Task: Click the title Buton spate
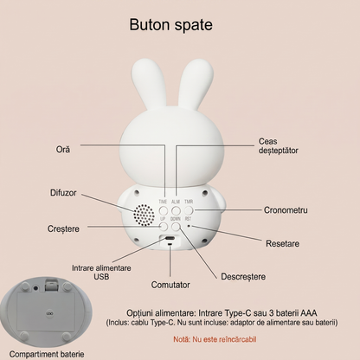[x=170, y=25]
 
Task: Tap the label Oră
[x=63, y=150]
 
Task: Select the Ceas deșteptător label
[x=278, y=146]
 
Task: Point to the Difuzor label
[x=63, y=193]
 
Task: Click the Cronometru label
[x=286, y=210]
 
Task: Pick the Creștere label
[x=63, y=228]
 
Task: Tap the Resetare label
[x=282, y=243]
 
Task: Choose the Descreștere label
[x=243, y=277]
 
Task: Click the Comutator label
[x=170, y=285]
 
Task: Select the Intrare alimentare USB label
[x=101, y=273]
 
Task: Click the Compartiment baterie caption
[x=47, y=354]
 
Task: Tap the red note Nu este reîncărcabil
[x=215, y=339]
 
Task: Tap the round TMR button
[x=189, y=210]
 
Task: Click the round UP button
[x=164, y=227]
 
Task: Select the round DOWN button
[x=176, y=227]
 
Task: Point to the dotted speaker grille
[x=144, y=215]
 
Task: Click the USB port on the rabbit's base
[x=170, y=239]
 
